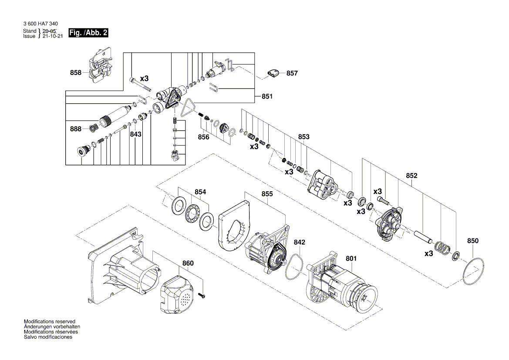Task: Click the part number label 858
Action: pyautogui.click(x=76, y=73)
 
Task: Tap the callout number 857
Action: pyautogui.click(x=292, y=73)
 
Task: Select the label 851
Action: pyautogui.click(x=267, y=97)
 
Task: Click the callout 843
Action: pyautogui.click(x=135, y=135)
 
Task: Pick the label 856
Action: pyautogui.click(x=203, y=137)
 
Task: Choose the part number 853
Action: pyautogui.click(x=303, y=137)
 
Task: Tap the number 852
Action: pyautogui.click(x=411, y=176)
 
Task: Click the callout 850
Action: pyautogui.click(x=472, y=241)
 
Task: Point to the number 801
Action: pyautogui.click(x=351, y=258)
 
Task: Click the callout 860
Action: pyautogui.click(x=188, y=263)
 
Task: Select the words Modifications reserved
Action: pyautogui.click(x=50, y=321)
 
